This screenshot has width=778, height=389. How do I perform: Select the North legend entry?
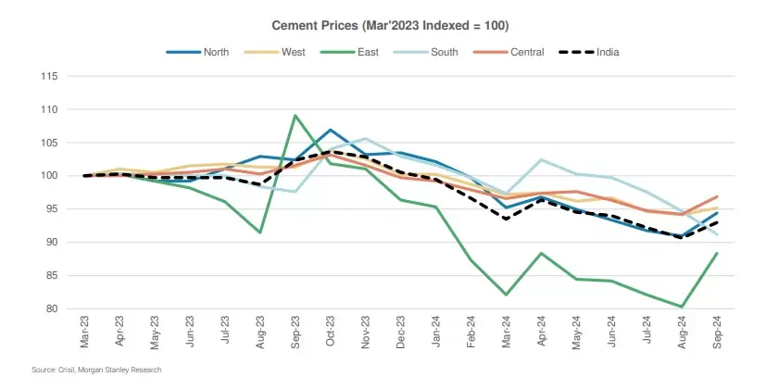pos(216,52)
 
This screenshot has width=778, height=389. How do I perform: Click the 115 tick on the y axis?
pos(48,76)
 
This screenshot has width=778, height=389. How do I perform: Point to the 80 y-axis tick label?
pos(51,308)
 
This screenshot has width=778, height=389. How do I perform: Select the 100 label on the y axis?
pos(48,176)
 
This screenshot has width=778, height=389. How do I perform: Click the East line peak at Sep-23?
pos(295,116)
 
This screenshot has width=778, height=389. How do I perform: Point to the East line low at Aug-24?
pos(682,307)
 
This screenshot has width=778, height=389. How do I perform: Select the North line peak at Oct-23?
pos(330,130)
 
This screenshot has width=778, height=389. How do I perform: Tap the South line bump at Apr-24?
pos(541,159)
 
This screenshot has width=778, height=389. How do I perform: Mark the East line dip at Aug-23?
pos(259,232)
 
